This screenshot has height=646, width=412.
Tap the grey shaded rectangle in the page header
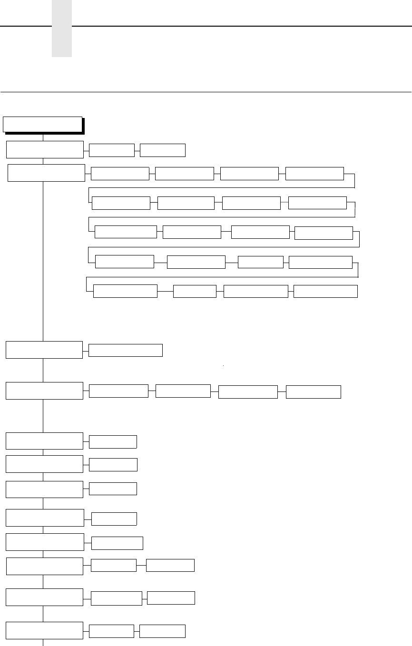click(x=62, y=29)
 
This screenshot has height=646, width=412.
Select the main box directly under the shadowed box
click(x=45, y=149)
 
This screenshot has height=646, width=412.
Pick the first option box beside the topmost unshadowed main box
click(x=111, y=150)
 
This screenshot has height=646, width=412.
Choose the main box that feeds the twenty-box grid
click(x=46, y=173)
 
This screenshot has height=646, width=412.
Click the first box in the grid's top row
click(x=120, y=174)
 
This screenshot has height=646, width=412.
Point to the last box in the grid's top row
click(x=314, y=174)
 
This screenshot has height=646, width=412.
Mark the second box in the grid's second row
click(x=186, y=203)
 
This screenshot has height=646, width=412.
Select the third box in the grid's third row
click(x=260, y=232)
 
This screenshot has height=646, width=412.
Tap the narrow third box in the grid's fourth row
click(x=260, y=262)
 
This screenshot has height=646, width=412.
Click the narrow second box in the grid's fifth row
click(x=195, y=291)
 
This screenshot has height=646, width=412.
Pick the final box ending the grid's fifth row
click(x=325, y=291)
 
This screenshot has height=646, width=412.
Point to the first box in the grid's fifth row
click(x=125, y=291)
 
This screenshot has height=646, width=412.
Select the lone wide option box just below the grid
click(x=126, y=350)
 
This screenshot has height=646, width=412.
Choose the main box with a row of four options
click(x=44, y=391)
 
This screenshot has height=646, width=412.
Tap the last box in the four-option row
click(x=314, y=392)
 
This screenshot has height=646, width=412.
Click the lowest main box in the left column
click(x=44, y=630)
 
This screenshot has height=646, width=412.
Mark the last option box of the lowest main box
click(x=162, y=631)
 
